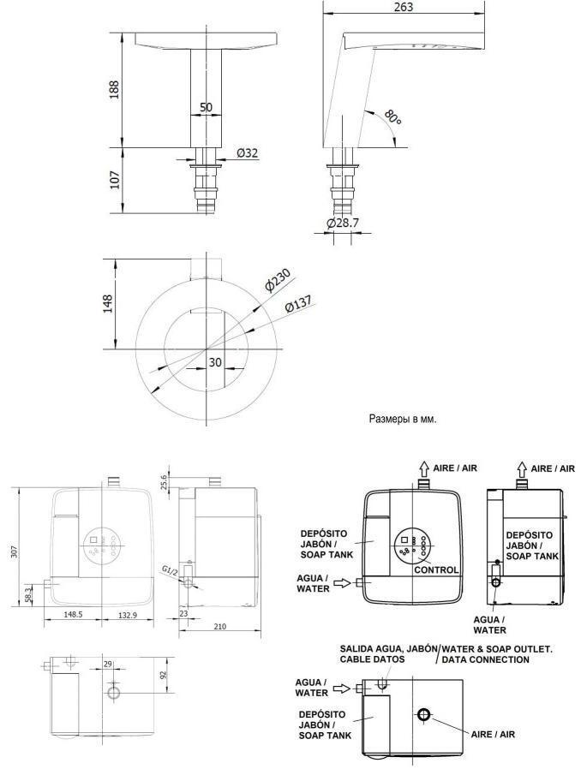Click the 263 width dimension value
404,7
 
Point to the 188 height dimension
114,90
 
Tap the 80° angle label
392,117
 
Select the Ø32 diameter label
247,153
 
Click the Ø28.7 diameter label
343,223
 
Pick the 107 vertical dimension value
114,180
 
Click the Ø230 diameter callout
278,280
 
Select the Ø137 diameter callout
298,305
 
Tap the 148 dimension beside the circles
107,304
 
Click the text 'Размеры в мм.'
403,420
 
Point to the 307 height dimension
15,551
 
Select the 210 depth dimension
220,626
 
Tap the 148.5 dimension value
73,615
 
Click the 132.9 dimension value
127,615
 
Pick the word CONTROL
436,569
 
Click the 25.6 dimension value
164,481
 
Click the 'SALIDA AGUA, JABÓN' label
388,648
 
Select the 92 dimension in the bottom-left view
164,675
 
